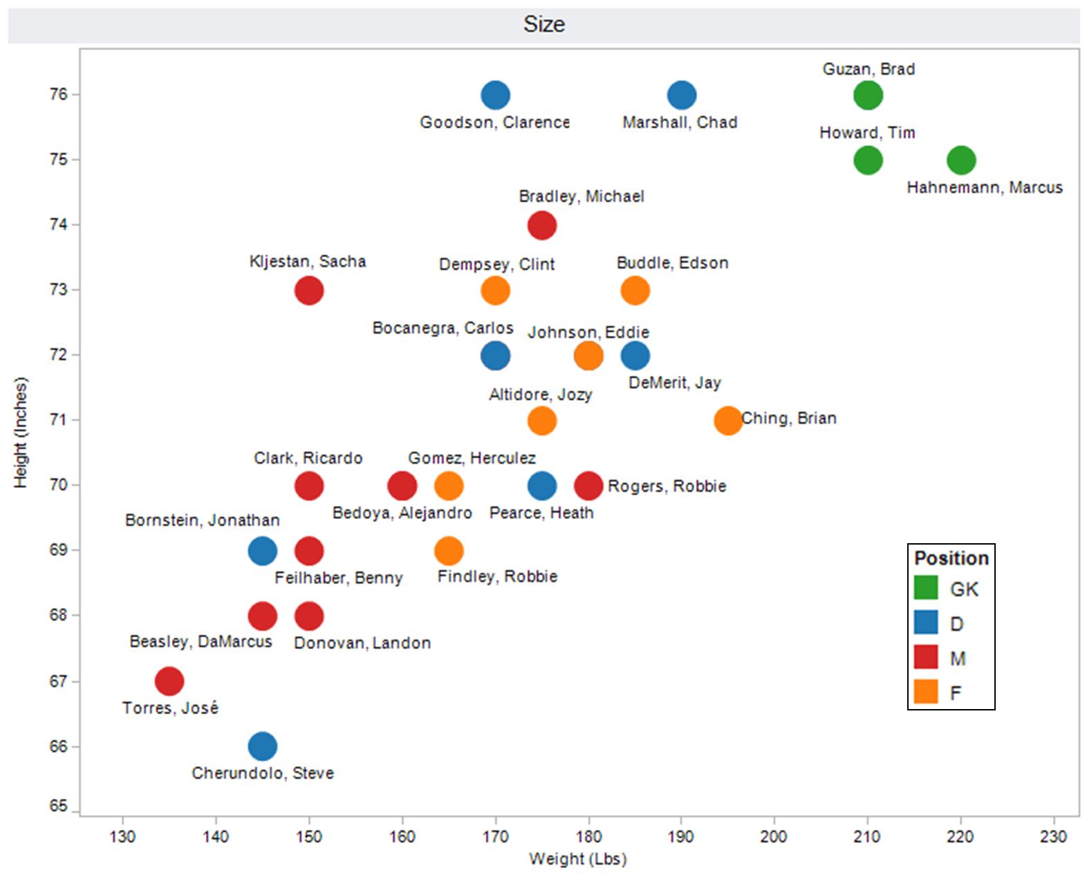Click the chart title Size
pos(544,25)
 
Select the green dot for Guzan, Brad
pos(868,95)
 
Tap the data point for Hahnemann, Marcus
pos(960,160)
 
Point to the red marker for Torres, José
pos(169,681)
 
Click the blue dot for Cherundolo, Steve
pos(262,746)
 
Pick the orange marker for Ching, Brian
pos(727,420)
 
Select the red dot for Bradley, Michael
pos(541,225)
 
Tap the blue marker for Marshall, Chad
pos(682,95)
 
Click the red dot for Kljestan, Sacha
pos(309,290)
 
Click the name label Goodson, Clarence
pos(494,122)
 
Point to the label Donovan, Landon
pos(362,643)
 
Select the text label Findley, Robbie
pos(497,576)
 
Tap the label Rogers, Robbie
pos(667,487)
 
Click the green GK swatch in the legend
pos(926,588)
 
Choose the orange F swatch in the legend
pos(926,692)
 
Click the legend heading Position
pos(951,558)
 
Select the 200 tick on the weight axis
pos(774,837)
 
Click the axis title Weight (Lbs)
pos(578,859)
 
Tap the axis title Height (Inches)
pos(21,433)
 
